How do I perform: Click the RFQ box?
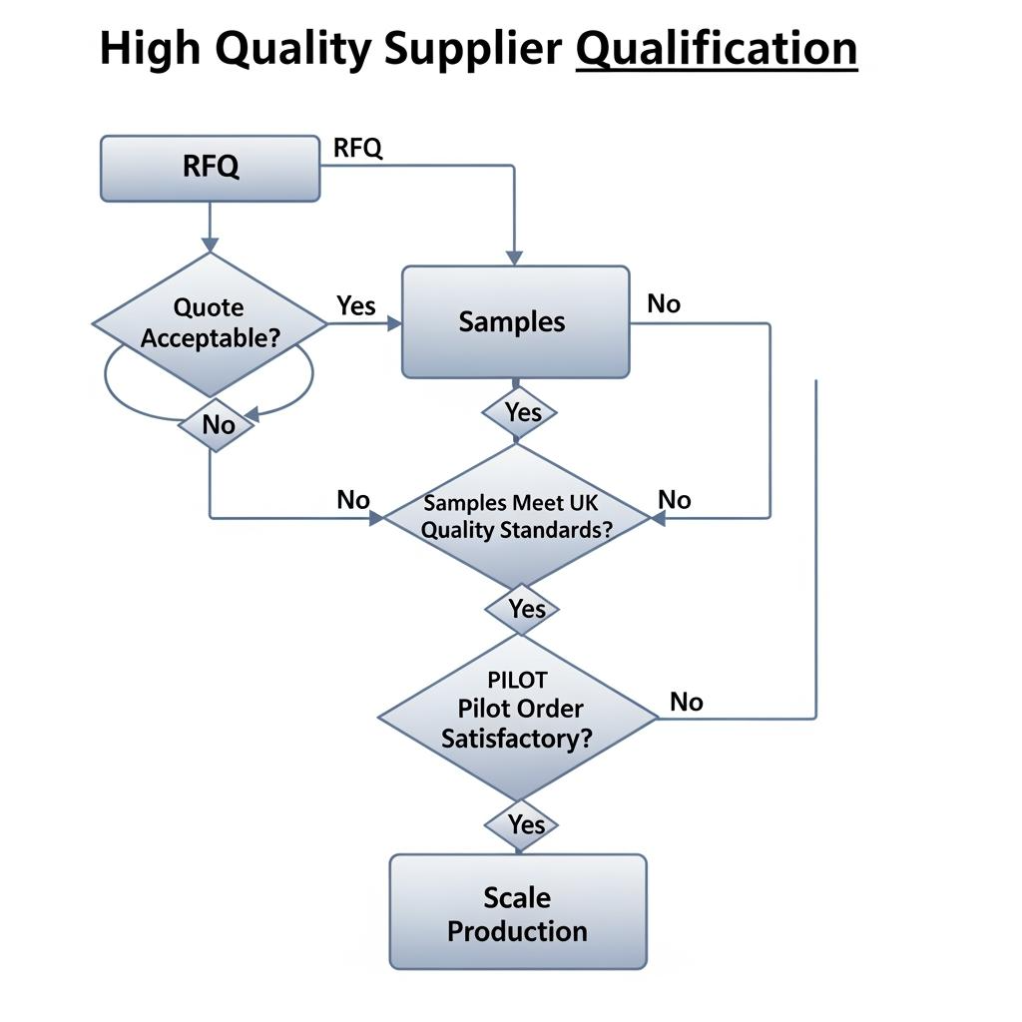coord(211,168)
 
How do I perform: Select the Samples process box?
coord(515,321)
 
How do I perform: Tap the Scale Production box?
coord(517,912)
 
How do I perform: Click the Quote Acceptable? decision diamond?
coord(210,322)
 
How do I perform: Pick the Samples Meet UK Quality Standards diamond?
coord(517,516)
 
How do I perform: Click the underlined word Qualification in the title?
coord(717,48)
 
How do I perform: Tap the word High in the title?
coord(150,48)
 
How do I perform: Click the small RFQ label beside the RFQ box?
coord(357,148)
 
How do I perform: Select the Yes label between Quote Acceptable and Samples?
coord(356,305)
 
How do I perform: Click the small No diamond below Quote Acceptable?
coord(218,425)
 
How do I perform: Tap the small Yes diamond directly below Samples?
coord(520,411)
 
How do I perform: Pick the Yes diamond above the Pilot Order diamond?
coord(522,608)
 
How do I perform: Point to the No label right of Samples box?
coord(664,303)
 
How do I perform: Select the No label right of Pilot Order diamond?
coord(687,702)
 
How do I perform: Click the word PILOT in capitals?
coord(517,680)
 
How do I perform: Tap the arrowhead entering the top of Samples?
coord(514,257)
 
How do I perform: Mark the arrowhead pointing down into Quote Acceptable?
coord(210,245)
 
